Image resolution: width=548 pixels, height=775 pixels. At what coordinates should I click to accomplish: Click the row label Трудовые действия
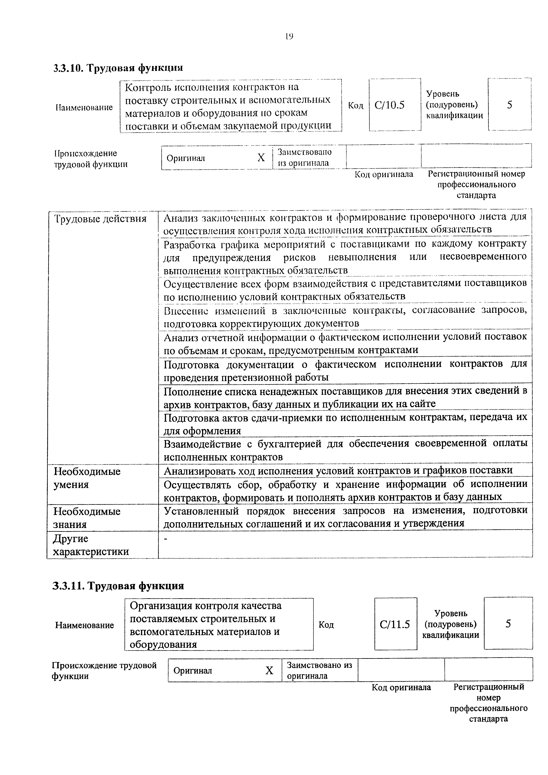tap(101, 219)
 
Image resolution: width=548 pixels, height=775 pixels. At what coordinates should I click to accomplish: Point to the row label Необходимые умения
tap(87, 478)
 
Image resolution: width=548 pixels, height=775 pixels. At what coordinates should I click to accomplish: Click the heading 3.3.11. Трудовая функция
tap(118, 586)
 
